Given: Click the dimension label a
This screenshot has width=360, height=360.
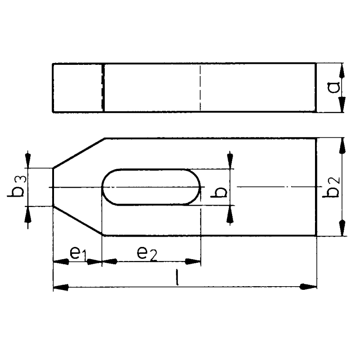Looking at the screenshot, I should coord(333,88).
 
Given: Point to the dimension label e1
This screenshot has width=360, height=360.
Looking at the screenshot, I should coord(77,254).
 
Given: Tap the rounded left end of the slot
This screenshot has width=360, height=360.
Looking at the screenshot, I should coord(106,187).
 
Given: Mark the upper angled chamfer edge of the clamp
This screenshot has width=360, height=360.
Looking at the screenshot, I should coord(79,153).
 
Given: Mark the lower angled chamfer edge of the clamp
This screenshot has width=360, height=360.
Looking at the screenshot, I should coord(79,221).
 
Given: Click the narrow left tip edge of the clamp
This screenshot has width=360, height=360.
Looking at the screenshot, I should coord(53,187).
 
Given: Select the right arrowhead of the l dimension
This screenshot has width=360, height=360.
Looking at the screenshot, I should coord(310,287).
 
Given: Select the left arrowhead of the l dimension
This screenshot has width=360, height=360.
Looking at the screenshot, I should coord(61,287).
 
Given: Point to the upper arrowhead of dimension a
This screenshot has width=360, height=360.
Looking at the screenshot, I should coord(342,71).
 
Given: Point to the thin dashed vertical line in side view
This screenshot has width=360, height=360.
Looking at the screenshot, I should coord(200,88).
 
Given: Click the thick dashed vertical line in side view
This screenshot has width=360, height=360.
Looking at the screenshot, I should coord(103,88).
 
